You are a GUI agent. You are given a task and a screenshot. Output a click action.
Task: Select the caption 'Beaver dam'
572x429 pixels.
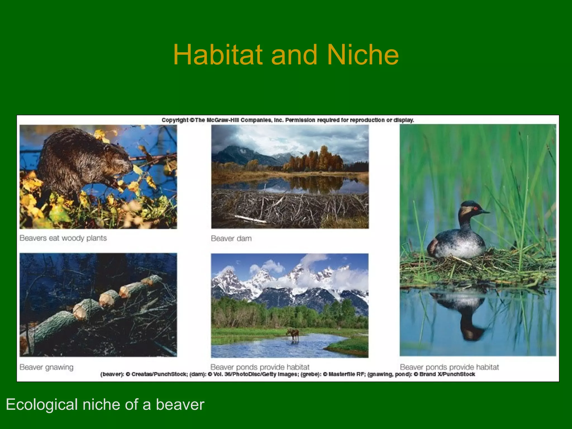pyautogui.click(x=231, y=239)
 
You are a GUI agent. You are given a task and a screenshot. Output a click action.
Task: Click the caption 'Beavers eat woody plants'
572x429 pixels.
pyautogui.click(x=63, y=238)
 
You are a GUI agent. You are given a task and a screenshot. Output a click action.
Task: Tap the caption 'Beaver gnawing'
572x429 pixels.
pyautogui.click(x=46, y=367)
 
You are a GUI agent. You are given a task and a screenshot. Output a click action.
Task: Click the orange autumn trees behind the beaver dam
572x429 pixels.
pyautogui.click(x=316, y=159)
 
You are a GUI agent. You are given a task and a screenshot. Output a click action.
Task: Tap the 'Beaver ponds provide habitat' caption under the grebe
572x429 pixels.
pyautogui.click(x=449, y=367)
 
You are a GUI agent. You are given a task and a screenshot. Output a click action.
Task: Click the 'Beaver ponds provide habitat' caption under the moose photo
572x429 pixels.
pyautogui.click(x=260, y=367)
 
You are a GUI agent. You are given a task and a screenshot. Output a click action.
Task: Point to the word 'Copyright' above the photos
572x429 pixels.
pyautogui.click(x=175, y=120)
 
